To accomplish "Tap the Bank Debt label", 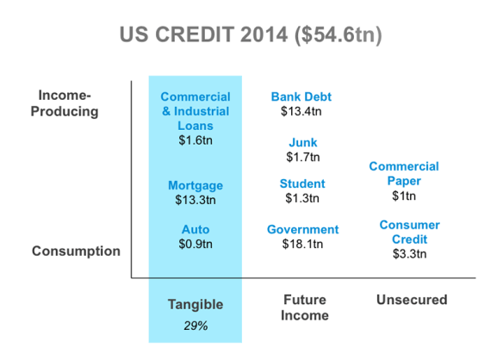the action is (x=301, y=96).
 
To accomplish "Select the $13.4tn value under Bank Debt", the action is (x=301, y=111).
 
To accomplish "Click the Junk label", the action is (x=303, y=142).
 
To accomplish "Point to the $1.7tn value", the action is (x=303, y=157).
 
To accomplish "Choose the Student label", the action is (x=302, y=183).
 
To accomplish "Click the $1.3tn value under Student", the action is (x=302, y=198).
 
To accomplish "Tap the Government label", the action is (x=303, y=229).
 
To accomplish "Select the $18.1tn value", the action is (x=302, y=244).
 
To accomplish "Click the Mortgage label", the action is (x=196, y=185).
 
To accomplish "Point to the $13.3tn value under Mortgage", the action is (x=196, y=200).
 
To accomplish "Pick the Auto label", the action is (x=196, y=229).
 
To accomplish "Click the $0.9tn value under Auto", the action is (x=196, y=244).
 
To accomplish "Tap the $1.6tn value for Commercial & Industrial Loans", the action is (x=196, y=140).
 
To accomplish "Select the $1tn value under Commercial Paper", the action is (x=404, y=196).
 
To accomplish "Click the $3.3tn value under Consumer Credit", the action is (x=410, y=254).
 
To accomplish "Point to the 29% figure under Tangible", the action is (x=196, y=326).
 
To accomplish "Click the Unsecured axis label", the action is (x=412, y=300).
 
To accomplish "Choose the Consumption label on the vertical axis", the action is (x=76, y=251).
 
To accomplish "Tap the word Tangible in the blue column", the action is (x=196, y=305).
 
